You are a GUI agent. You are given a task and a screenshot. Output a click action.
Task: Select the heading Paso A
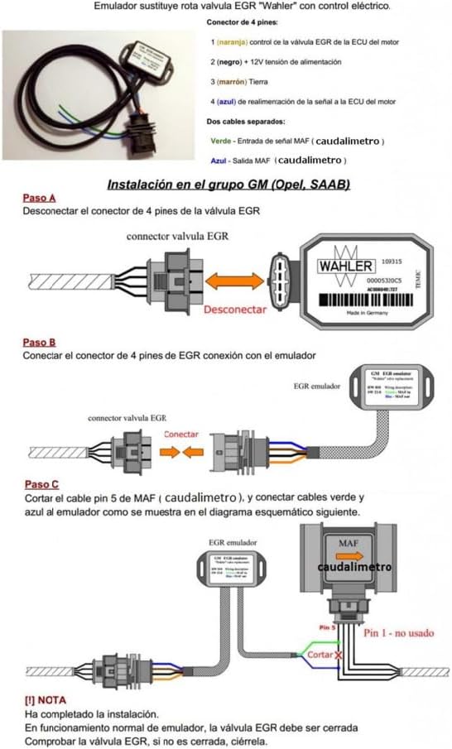(40, 199)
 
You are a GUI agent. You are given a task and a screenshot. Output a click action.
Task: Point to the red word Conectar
(180, 434)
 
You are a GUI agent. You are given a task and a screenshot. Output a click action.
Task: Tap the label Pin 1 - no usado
(398, 632)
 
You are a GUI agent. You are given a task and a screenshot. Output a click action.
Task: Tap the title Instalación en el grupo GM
(228, 184)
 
